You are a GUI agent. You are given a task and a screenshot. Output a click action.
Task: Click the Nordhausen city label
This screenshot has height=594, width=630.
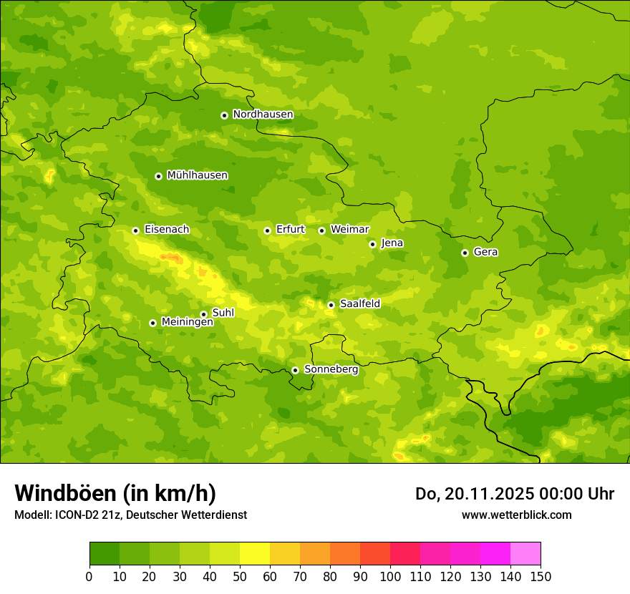[263, 115]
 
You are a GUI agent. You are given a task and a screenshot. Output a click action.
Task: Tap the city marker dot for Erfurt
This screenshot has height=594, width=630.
[267, 230]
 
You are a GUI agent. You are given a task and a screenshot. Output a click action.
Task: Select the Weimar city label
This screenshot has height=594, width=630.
[349, 229]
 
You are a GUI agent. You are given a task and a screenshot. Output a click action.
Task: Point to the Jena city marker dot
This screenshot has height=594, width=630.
[372, 244]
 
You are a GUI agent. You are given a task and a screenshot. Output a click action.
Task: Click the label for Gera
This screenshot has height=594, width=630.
[485, 252]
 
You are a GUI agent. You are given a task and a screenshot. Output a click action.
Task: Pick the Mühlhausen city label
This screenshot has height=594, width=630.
[197, 175]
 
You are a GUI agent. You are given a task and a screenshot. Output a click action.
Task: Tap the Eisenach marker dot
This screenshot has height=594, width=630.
[135, 230]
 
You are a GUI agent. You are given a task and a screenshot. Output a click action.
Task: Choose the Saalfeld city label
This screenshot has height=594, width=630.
[359, 303]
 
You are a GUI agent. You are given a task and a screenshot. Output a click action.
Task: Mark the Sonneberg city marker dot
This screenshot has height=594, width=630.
[295, 370]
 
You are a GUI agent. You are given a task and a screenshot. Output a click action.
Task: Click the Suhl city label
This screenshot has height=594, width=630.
[223, 313]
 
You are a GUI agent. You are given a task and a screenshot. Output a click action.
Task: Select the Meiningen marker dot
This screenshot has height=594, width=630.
[152, 323]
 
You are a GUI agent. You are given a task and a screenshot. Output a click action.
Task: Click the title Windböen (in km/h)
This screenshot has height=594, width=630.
[115, 494]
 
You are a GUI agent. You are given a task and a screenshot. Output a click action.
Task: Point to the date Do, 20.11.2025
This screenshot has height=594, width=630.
[473, 494]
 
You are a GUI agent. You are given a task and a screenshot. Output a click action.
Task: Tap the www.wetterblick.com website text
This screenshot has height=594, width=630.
[516, 515]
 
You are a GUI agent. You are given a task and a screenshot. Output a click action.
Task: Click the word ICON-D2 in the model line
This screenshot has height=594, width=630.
[77, 515]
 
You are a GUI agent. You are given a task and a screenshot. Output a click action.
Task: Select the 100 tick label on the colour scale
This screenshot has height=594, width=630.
[390, 576]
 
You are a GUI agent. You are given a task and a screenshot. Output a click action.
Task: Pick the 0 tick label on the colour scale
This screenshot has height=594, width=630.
[89, 576]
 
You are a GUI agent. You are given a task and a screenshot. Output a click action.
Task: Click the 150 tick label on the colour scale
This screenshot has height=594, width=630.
[541, 576]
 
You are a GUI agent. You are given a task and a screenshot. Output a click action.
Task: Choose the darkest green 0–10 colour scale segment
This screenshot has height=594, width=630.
[105, 553]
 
